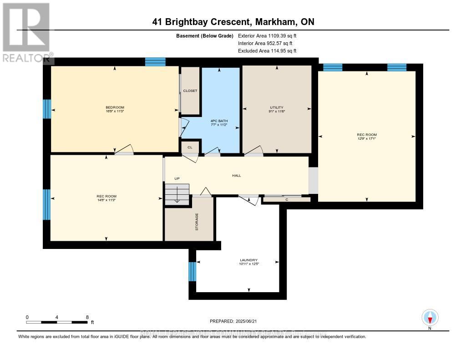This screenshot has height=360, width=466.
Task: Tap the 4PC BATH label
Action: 219,121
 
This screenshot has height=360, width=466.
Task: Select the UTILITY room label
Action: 276,107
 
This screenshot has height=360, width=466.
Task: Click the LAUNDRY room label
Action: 249,260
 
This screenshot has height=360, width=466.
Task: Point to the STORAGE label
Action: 197,222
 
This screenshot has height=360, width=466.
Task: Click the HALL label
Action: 236,176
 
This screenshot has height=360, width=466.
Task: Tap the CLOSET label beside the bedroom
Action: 190,91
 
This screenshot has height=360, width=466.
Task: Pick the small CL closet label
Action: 190,147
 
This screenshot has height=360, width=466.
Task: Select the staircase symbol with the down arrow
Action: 177,194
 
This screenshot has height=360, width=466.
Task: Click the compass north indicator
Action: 430,318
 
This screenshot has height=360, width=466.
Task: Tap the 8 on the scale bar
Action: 87,317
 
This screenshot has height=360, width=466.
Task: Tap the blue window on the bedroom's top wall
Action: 155,62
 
